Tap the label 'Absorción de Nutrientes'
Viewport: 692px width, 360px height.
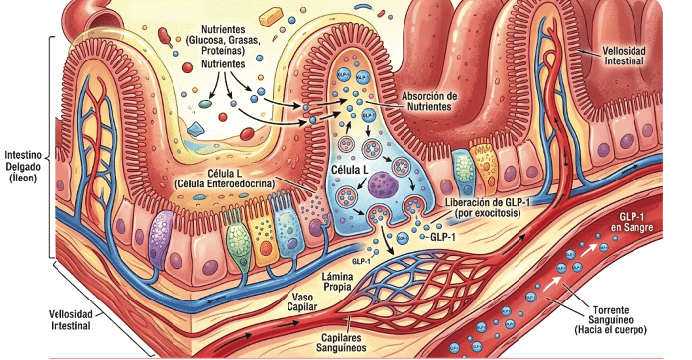point(429,101)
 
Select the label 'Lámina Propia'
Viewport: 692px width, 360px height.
point(338,282)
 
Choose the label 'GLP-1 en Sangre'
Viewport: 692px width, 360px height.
point(632,222)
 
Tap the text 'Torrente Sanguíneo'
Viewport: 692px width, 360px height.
point(611,315)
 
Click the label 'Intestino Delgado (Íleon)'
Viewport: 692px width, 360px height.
point(23,167)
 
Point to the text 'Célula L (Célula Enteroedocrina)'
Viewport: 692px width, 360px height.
point(224,178)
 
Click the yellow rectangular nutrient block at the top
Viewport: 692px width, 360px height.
point(271,16)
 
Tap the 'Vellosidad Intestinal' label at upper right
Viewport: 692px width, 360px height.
point(624,56)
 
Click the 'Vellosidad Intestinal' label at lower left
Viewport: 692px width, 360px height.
point(70,320)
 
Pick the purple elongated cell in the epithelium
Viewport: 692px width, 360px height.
point(161,239)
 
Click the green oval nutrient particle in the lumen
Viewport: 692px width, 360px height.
point(205,104)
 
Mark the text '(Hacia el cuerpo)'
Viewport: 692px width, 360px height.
point(611,330)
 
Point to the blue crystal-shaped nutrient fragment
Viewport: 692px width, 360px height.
point(195,129)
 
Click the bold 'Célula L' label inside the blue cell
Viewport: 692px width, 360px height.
point(350,170)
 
